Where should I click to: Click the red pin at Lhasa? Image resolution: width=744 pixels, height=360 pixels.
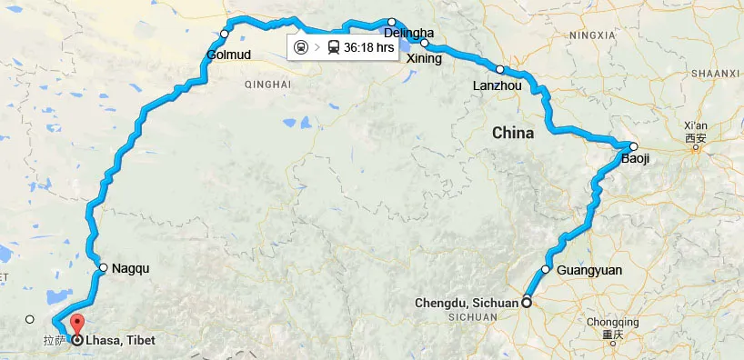pos(76,325)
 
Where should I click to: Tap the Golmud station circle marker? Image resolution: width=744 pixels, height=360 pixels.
pos(225,35)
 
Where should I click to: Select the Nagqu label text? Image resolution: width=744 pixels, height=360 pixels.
pos(129,268)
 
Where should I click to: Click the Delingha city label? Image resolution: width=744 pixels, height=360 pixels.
pos(403,34)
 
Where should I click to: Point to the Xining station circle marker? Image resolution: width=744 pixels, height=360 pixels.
pos(425,43)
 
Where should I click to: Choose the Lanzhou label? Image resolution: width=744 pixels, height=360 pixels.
pos(497,85)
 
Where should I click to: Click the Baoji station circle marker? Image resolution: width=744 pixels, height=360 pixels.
pos(634,146)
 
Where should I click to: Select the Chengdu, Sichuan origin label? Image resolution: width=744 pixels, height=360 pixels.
pos(466,303)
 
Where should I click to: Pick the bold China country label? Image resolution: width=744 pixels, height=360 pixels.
pos(513,134)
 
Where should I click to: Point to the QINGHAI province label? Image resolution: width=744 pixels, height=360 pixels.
pos(267,84)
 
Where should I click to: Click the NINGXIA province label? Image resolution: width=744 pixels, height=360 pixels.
pos(591,35)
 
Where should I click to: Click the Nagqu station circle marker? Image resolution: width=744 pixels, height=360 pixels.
pos(104,268)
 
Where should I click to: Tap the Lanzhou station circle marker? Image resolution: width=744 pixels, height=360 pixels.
pos(499,69)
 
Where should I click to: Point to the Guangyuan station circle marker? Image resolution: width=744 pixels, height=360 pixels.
pos(547,269)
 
